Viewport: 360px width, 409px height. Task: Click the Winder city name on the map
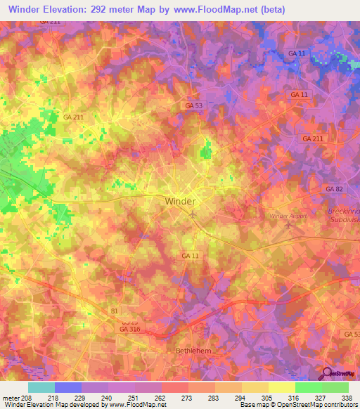click(180, 201)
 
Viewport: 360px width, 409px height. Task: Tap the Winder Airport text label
click(290, 216)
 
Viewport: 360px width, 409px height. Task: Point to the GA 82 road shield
click(334, 190)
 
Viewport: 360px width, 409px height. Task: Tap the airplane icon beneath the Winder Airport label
click(289, 226)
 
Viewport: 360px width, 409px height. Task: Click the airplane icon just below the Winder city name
click(192, 214)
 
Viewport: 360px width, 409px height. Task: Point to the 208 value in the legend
click(26, 397)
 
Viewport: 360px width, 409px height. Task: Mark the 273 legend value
click(188, 397)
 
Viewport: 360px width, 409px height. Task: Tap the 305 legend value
click(269, 397)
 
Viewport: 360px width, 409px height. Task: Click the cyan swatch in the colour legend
click(41, 387)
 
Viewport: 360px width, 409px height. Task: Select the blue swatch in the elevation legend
click(68, 387)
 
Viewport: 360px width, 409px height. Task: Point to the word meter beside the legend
click(10, 397)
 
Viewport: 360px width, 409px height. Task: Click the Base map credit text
click(260, 405)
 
